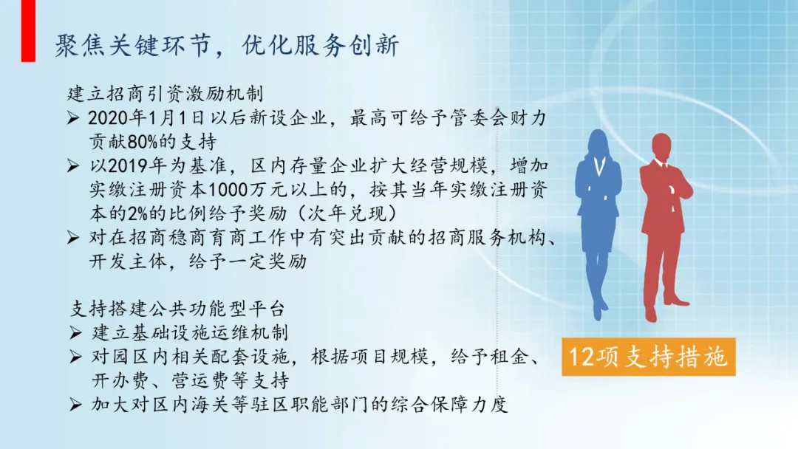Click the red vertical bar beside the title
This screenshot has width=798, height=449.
[29, 30]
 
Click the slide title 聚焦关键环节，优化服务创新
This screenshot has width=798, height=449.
[227, 46]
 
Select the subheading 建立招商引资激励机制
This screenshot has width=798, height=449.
[166, 94]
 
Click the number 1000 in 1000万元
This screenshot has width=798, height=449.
[228, 190]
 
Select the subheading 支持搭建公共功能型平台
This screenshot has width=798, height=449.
[177, 309]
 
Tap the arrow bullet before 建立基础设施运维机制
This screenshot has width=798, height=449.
[76, 332]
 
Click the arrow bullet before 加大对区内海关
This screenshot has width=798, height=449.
[76, 405]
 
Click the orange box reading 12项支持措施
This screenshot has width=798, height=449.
[649, 357]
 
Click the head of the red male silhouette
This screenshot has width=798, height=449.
[661, 147]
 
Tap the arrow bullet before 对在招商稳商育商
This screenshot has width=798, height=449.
[73, 238]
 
